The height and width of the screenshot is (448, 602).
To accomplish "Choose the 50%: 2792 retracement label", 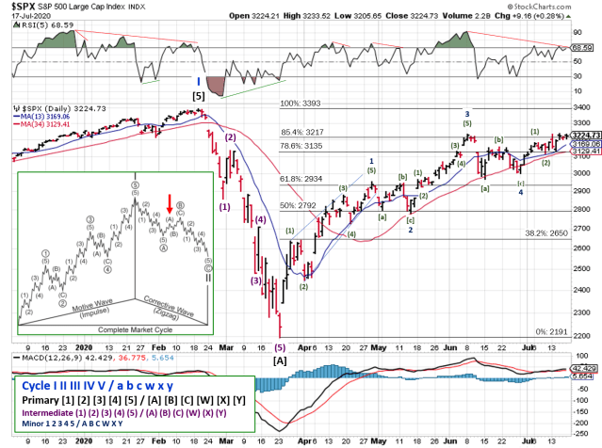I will [299, 204].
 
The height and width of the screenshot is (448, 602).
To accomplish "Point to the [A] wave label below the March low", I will [280, 360].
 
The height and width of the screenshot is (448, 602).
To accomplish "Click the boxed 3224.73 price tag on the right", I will [585, 136].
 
